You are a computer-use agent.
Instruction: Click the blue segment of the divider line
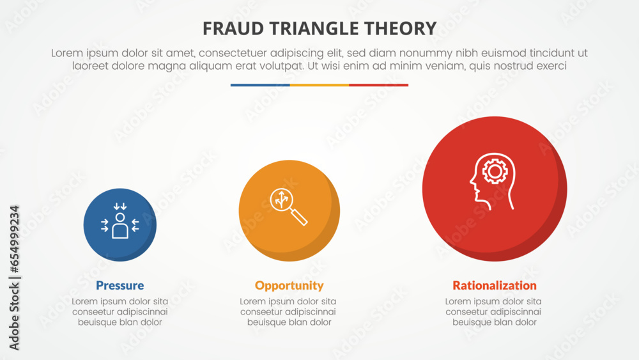click(x=260, y=85)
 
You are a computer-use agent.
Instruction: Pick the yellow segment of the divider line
click(x=319, y=85)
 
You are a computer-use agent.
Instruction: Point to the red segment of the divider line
click(x=378, y=85)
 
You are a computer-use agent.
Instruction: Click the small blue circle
click(x=119, y=224)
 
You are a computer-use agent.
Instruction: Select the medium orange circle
click(x=289, y=210)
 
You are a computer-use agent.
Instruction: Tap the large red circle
click(x=494, y=189)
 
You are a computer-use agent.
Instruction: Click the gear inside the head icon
click(x=495, y=171)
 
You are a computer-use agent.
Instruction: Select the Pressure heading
click(x=119, y=286)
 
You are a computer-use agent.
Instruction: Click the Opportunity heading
click(x=289, y=286)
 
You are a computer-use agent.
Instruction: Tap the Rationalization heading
click(x=494, y=286)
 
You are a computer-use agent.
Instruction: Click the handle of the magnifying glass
click(x=298, y=217)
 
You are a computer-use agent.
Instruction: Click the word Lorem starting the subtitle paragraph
click(x=66, y=54)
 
